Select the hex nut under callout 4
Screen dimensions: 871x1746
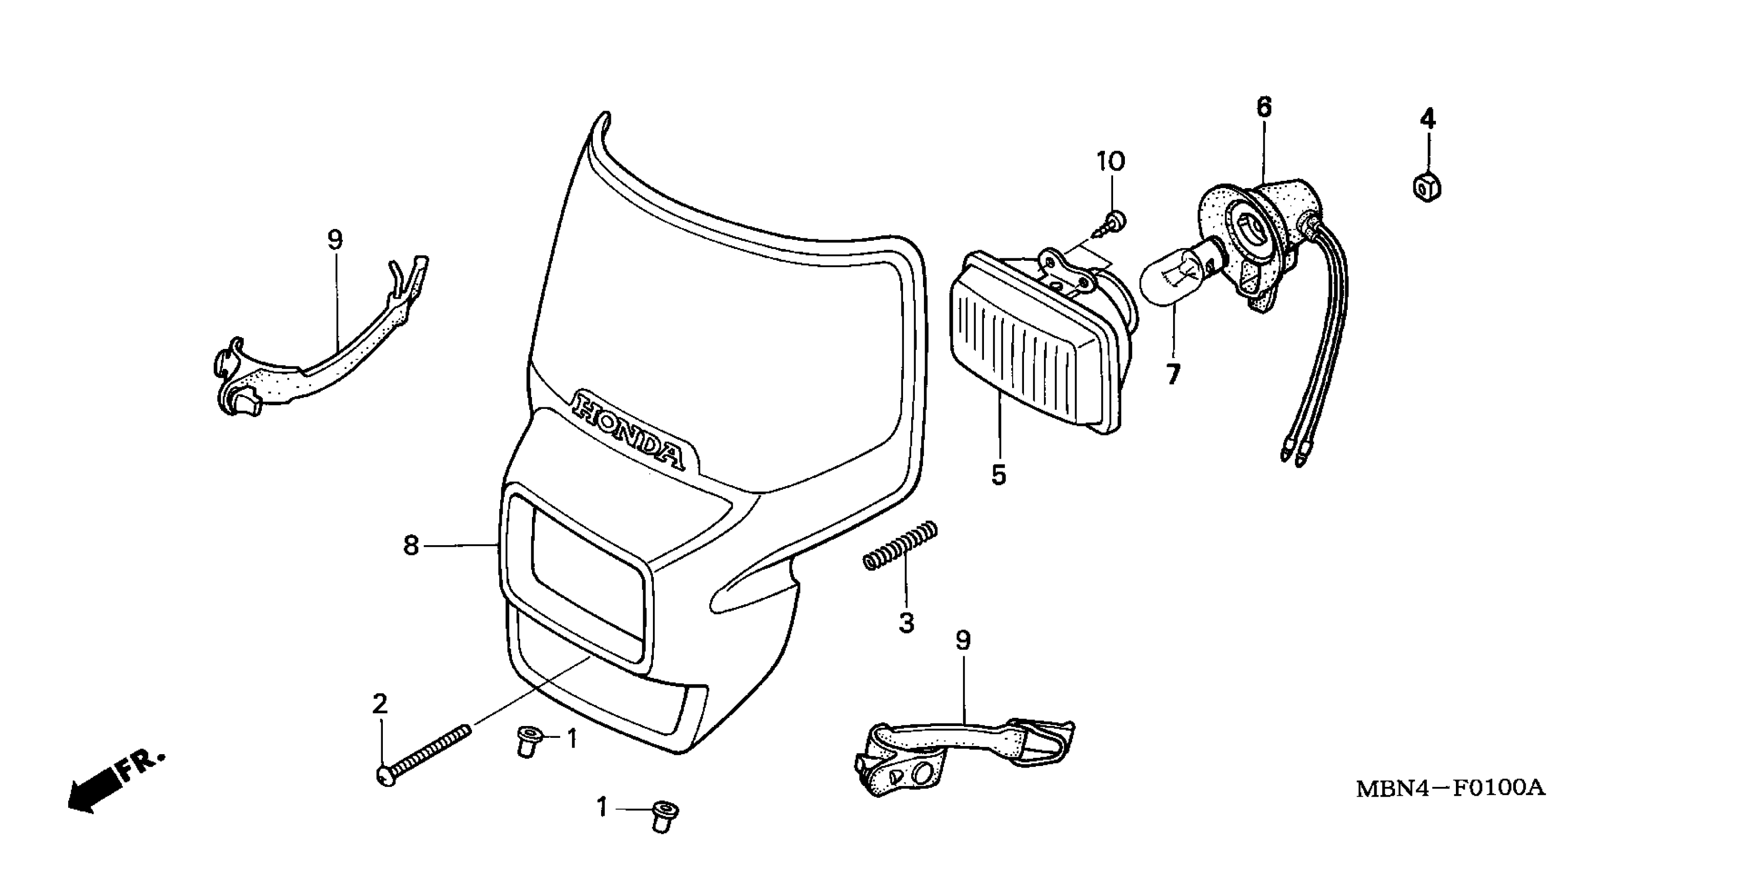point(1427,187)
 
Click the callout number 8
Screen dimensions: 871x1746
point(410,545)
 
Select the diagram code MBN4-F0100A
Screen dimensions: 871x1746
point(1450,789)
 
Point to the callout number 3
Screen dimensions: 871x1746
point(906,622)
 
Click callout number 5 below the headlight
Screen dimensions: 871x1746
point(998,475)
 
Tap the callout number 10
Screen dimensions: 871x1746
point(1111,161)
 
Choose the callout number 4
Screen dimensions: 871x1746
point(1427,119)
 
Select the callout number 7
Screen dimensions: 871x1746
point(1173,374)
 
